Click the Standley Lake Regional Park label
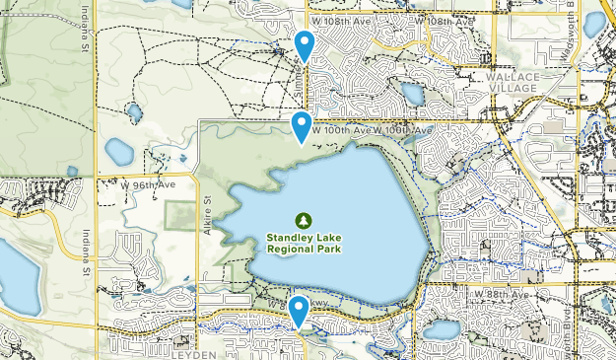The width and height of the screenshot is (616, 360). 305,243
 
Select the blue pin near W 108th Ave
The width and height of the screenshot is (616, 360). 306,44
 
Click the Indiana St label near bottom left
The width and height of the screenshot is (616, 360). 86,256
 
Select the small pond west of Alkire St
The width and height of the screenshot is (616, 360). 119,151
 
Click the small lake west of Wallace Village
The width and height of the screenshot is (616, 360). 412,94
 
